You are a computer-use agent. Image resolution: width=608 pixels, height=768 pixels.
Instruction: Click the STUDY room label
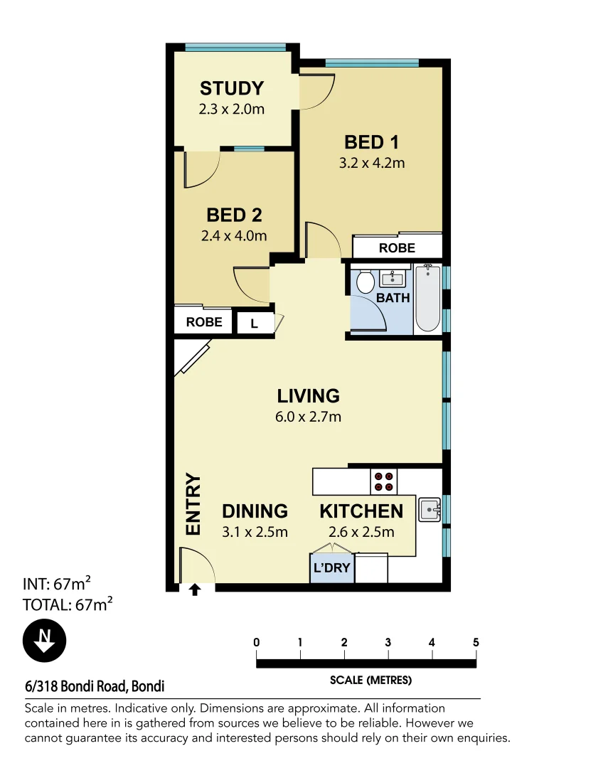[x=231, y=89]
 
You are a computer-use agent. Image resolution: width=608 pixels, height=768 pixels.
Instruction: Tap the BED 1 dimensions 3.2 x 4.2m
[x=372, y=163]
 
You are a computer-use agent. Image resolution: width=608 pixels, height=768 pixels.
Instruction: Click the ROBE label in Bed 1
[x=397, y=248]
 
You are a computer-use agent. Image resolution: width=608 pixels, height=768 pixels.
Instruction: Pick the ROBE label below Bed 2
[x=204, y=322]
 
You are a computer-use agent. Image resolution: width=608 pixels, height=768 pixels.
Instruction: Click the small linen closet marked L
[x=254, y=324]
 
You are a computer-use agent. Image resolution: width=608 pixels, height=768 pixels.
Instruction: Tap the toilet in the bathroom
[x=366, y=282]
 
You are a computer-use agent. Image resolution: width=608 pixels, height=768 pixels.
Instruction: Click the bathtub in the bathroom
[x=427, y=299]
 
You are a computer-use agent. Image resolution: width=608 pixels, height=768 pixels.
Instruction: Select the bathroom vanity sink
[x=393, y=277]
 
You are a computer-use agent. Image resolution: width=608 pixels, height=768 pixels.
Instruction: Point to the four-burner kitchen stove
[x=384, y=482]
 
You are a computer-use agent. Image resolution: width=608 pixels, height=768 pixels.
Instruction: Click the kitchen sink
[x=430, y=510]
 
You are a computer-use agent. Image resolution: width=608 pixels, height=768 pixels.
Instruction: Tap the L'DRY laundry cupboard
[x=332, y=569]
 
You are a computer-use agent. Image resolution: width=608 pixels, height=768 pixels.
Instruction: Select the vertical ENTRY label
[x=193, y=505]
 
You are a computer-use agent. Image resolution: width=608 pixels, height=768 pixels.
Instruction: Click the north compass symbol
[x=45, y=641]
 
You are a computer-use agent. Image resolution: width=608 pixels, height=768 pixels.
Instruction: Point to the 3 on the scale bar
[x=388, y=643]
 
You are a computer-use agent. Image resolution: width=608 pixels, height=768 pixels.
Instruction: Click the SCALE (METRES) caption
[x=370, y=681]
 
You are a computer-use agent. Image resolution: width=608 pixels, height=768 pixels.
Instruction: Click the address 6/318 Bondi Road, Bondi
[x=95, y=687]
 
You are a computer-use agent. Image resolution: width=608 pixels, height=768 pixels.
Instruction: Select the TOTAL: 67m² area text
[x=69, y=605]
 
